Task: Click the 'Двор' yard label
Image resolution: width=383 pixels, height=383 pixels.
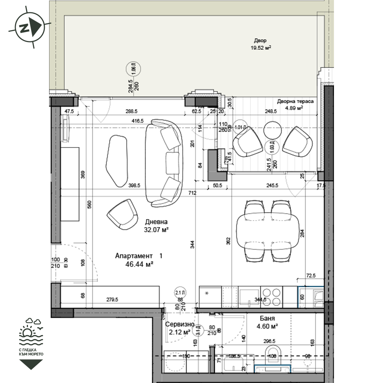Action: click(260, 41)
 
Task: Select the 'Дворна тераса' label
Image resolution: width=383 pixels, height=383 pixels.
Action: click(295, 101)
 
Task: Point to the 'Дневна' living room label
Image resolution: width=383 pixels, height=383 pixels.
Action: click(156, 222)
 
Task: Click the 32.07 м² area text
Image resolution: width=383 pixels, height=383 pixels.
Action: click(156, 230)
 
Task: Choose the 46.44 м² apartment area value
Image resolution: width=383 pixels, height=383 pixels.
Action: click(139, 264)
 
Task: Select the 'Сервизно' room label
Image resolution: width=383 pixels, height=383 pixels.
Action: click(178, 324)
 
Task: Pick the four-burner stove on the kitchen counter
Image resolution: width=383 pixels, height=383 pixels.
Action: click(272, 296)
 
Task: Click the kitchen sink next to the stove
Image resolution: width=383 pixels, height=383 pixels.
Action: click(249, 296)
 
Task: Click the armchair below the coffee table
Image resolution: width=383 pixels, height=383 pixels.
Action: click(123, 214)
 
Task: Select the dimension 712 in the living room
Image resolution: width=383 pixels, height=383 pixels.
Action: click(192, 193)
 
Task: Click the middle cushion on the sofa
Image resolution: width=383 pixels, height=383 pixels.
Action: click(173, 159)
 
